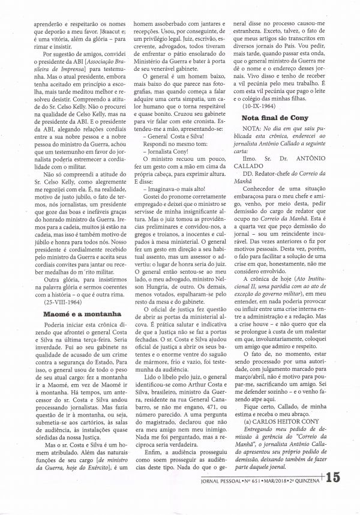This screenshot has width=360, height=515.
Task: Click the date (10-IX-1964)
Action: click(260, 105)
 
